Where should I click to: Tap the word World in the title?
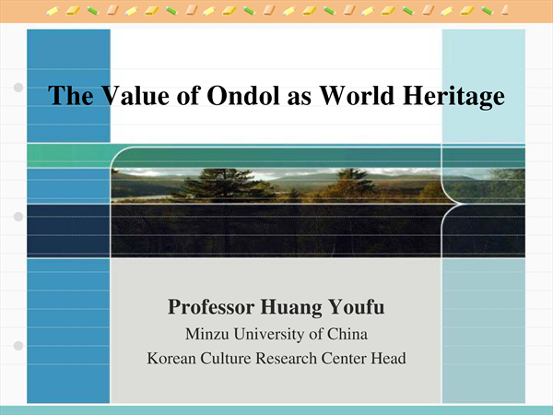(x=357, y=95)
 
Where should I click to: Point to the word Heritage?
(x=453, y=97)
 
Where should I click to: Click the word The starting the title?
(x=71, y=95)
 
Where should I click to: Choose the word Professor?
(x=211, y=307)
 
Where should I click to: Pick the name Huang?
(x=291, y=308)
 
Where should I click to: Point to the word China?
(x=347, y=334)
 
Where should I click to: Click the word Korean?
(x=171, y=358)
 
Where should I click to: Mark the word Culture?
(x=226, y=358)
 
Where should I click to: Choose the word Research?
(x=286, y=358)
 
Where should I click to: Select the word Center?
(x=344, y=358)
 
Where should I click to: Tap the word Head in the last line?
(x=388, y=358)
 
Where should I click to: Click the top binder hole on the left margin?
(x=18, y=88)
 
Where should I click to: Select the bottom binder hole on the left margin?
(x=18, y=346)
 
